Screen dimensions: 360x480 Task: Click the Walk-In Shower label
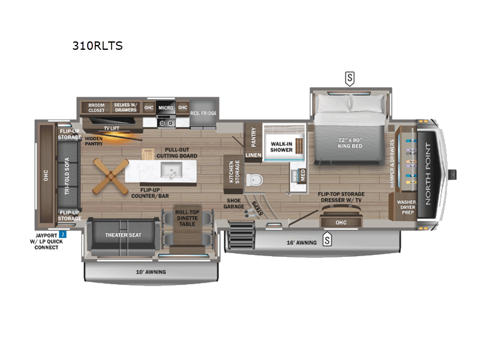[x=281, y=146]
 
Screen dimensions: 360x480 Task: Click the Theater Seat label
[x=123, y=235]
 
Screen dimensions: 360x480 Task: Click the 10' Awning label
[x=151, y=272]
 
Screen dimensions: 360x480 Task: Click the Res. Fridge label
[x=203, y=113]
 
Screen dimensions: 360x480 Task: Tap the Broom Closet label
[x=97, y=108]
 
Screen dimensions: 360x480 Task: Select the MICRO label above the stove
[x=166, y=108]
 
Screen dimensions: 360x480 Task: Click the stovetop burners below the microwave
[x=166, y=122]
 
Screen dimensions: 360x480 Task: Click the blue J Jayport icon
[x=62, y=235]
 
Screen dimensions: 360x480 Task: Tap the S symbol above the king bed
[x=349, y=77]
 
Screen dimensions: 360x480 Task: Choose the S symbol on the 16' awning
[x=328, y=241]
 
